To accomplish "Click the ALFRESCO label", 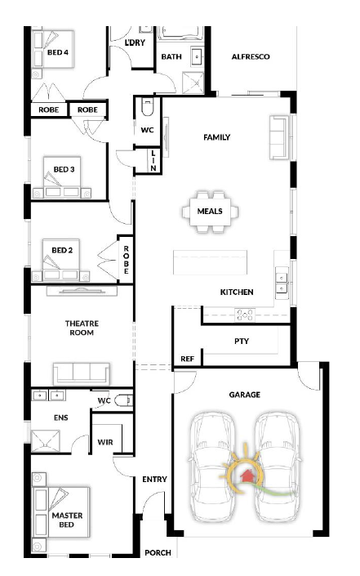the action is pos(251,56).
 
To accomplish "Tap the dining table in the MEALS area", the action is pos(210,212).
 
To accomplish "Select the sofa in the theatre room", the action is pos(82,373).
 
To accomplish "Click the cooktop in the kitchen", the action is pos(245,315).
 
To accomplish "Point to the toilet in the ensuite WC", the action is pos(124,400).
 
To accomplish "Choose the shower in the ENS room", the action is pos(46,441).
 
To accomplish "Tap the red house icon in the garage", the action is pos(245,476).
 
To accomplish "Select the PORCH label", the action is pos(158,552).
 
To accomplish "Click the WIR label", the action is pos(105,442).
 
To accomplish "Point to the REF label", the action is pos(187,359).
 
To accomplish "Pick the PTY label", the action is pos(242,342).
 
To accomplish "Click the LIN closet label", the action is pos(153,160).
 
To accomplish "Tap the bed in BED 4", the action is pos(53,49).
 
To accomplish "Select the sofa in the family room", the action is pos(278,137).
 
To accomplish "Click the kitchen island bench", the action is pos(211,262).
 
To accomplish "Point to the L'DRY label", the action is pos(135,42).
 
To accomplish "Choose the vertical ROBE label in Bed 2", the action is pos(127,260).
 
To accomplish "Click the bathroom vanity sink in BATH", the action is pos(198,57).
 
